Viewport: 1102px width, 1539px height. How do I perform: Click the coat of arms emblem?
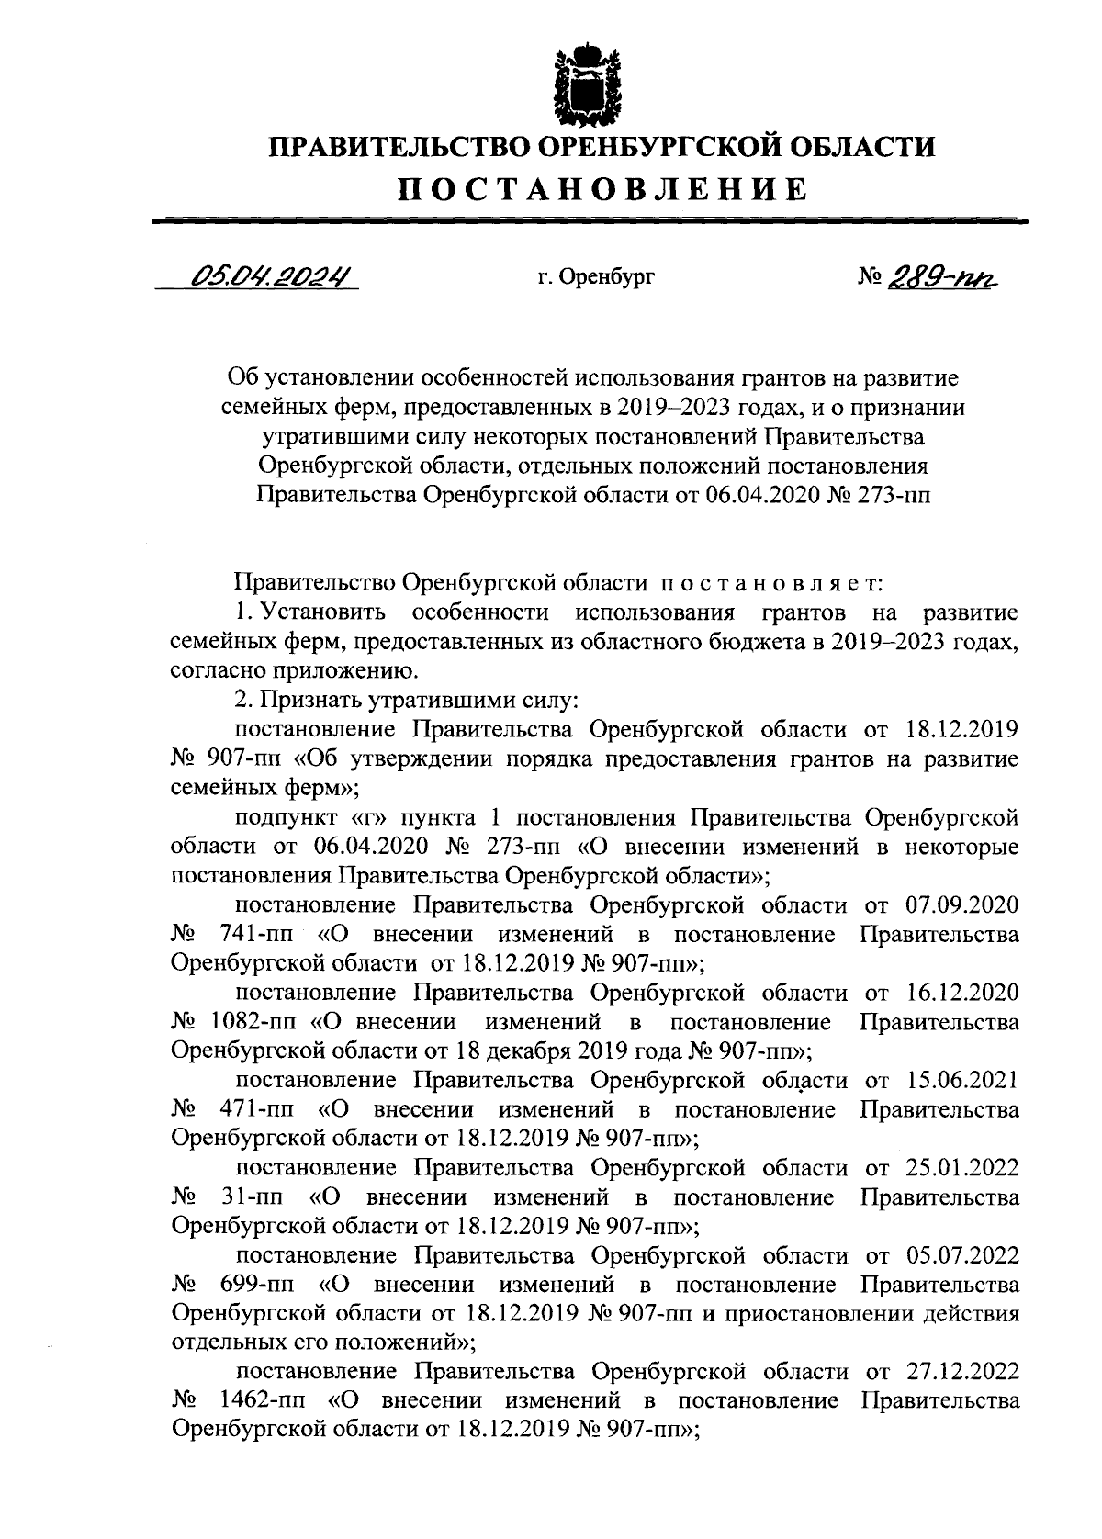[x=589, y=83]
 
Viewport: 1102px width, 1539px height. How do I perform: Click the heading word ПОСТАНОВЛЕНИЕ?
[x=602, y=188]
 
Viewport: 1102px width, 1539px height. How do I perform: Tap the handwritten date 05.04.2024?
[x=271, y=275]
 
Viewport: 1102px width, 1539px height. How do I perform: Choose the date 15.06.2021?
[x=962, y=1081]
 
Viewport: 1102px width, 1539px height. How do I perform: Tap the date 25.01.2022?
[x=962, y=1168]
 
